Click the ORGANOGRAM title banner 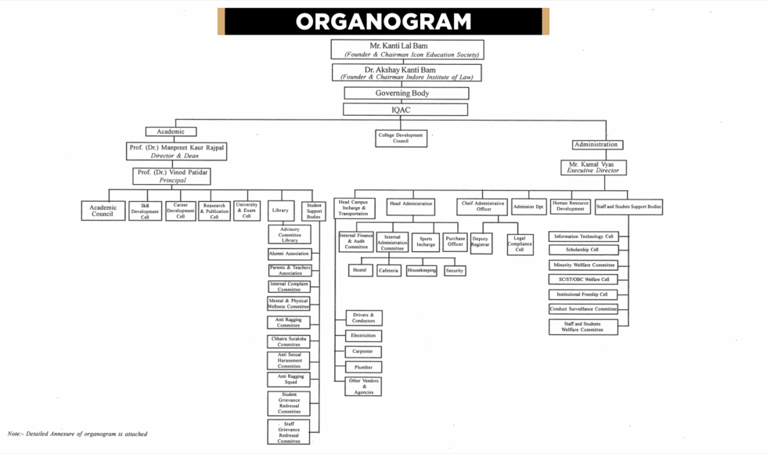(x=383, y=21)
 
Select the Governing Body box (x=406, y=93)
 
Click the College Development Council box (x=401, y=138)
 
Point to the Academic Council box (x=103, y=211)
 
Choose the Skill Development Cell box (x=146, y=211)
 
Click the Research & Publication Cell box (x=214, y=211)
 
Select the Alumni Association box (x=290, y=254)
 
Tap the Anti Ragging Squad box (x=289, y=380)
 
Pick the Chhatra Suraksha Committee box (x=289, y=341)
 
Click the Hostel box (x=359, y=270)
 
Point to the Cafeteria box (x=389, y=270)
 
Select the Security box (x=455, y=270)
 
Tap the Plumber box (x=364, y=367)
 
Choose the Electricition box (x=364, y=335)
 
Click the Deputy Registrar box (x=481, y=242)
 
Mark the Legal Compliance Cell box (x=520, y=243)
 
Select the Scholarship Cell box (x=583, y=250)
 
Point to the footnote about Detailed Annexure (x=77, y=434)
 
